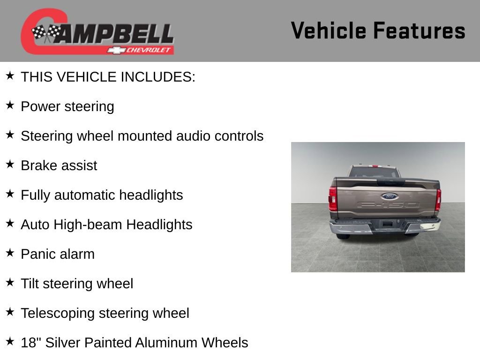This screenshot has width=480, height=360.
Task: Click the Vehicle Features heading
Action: [x=378, y=31]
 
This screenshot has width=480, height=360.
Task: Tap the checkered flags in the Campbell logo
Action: [x=46, y=33]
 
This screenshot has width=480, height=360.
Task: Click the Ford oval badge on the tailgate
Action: [x=389, y=196]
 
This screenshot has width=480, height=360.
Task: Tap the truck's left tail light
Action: [x=333, y=199]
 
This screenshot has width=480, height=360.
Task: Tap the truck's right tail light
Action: [x=438, y=199]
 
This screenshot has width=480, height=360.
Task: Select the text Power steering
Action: [x=67, y=106]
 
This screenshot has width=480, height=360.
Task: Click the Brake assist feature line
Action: [x=59, y=165]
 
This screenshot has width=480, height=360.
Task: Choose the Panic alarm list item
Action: [x=58, y=254]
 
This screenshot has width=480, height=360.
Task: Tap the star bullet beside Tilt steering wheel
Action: [x=10, y=283]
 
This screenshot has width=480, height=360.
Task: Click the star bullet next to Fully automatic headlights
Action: [x=10, y=194]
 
